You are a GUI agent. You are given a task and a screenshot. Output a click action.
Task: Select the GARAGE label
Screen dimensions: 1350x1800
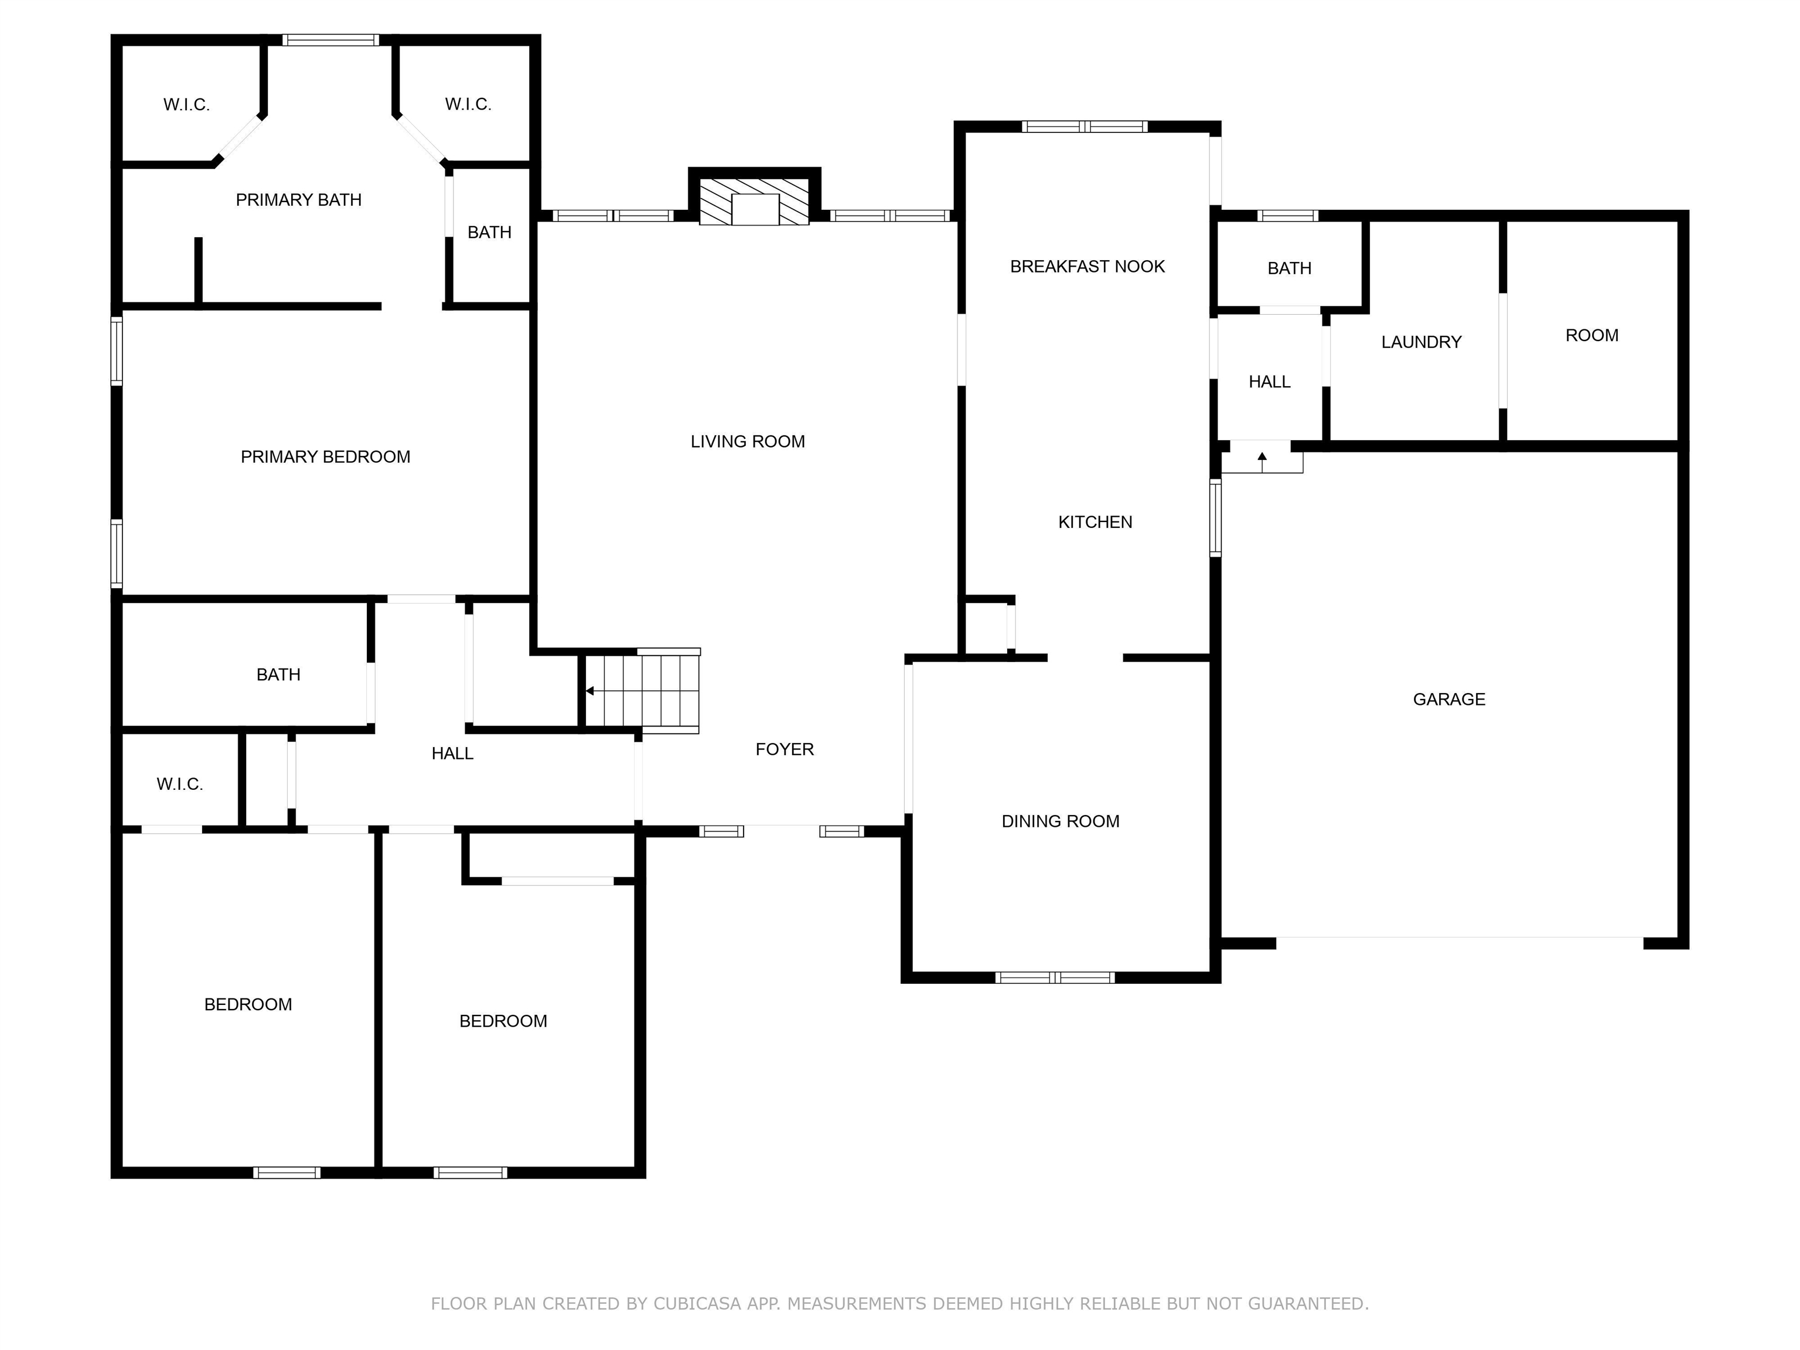coord(1448,699)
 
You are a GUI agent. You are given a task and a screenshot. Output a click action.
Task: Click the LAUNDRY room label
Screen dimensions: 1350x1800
coord(1421,342)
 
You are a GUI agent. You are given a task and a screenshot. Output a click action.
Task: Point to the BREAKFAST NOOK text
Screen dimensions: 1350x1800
coord(1087,266)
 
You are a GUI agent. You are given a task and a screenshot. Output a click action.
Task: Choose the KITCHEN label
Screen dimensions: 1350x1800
coord(1095,521)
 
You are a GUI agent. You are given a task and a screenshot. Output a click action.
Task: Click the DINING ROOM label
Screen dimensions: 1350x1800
coord(1059,821)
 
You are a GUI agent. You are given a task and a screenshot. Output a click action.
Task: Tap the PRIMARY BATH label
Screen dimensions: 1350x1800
coord(298,199)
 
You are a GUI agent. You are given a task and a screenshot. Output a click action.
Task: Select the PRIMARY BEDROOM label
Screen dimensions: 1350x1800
coord(325,456)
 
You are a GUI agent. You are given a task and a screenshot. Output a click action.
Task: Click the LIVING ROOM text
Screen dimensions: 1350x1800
coord(747,441)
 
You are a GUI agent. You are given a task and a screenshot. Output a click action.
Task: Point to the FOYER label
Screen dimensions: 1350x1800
coord(783,749)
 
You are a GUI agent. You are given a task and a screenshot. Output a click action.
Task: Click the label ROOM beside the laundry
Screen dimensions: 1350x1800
coord(1591,335)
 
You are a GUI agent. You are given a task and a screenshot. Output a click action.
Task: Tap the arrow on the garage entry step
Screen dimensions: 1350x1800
coord(1262,461)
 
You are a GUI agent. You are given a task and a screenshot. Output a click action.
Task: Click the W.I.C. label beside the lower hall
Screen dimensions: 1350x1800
coord(179,783)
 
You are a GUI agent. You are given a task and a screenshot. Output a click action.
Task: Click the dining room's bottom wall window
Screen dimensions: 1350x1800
coord(1055,977)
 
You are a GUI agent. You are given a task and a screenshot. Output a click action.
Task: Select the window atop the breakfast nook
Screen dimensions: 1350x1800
coord(1084,126)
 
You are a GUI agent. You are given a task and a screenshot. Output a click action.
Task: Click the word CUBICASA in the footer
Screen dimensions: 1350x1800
coord(697,1304)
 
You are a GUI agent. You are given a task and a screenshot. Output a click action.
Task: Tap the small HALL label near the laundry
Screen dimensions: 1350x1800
coord(1269,381)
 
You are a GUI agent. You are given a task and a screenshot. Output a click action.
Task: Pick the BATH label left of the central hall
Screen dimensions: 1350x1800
coord(278,674)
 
